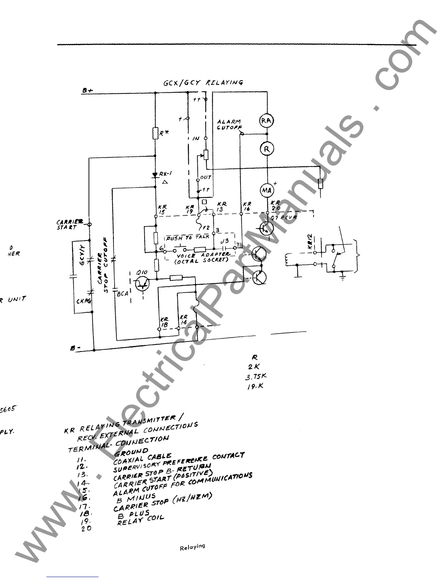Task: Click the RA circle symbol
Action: point(266,120)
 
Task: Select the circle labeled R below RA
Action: point(267,149)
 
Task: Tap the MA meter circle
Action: point(266,190)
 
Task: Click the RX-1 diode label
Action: point(165,174)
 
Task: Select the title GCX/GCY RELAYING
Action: point(203,82)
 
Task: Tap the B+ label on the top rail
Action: point(87,90)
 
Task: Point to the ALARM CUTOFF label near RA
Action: point(229,124)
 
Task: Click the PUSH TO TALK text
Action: point(188,238)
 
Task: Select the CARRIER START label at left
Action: point(68,224)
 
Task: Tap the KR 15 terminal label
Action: point(162,209)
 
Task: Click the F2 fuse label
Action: point(206,228)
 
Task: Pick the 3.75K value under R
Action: point(256,377)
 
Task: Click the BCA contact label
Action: point(123,294)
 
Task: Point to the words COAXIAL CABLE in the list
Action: point(142,458)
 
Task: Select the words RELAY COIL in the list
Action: point(141,520)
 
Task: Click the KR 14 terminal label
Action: point(183,319)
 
